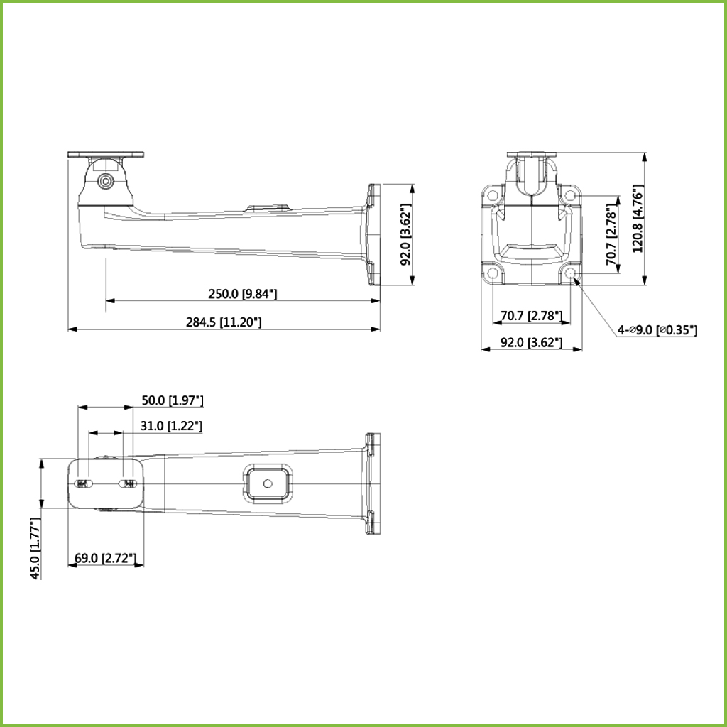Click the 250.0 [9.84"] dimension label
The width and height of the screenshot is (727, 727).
point(242,294)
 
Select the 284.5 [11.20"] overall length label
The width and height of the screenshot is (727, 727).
point(224,322)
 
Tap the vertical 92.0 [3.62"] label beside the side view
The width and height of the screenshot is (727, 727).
point(406,234)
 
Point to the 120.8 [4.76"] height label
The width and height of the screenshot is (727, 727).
point(638,219)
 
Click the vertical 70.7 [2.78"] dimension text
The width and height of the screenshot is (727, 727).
point(612,238)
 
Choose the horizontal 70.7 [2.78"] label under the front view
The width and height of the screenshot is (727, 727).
point(531,316)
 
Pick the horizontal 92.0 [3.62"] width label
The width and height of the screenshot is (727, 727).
point(531,343)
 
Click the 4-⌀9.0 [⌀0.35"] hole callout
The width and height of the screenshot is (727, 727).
point(657,330)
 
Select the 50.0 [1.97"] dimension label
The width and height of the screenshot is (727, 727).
point(173,400)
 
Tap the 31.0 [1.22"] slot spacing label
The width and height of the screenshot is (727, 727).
point(172,426)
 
